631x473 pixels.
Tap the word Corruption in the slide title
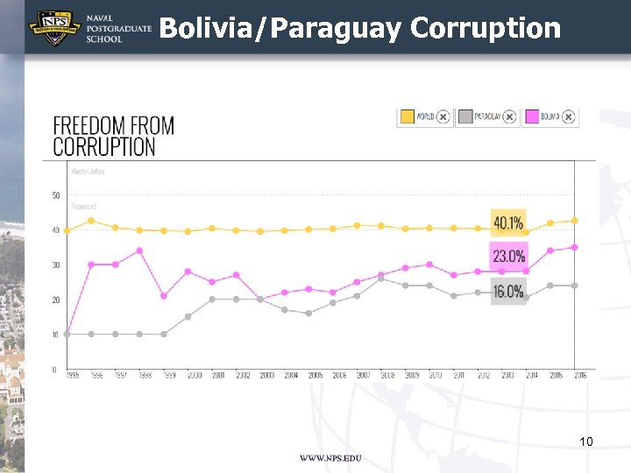click(x=485, y=28)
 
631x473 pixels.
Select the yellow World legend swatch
click(x=407, y=116)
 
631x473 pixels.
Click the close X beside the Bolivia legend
click(x=569, y=116)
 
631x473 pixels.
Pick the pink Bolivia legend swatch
click(x=530, y=116)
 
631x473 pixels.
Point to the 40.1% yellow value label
click(x=508, y=222)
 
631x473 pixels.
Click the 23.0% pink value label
click(x=508, y=256)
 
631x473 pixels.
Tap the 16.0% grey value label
click(x=508, y=292)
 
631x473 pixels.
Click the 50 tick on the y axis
click(x=56, y=195)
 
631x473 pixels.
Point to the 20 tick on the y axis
click(x=56, y=300)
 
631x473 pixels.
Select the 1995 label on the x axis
click(x=72, y=375)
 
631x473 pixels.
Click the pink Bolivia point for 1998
click(x=139, y=251)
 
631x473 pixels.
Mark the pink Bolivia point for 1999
click(x=164, y=295)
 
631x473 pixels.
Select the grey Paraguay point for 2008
click(x=380, y=279)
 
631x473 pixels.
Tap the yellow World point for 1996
click(x=91, y=220)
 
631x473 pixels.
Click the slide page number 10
click(x=586, y=441)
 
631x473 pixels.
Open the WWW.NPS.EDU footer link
click(x=330, y=458)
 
